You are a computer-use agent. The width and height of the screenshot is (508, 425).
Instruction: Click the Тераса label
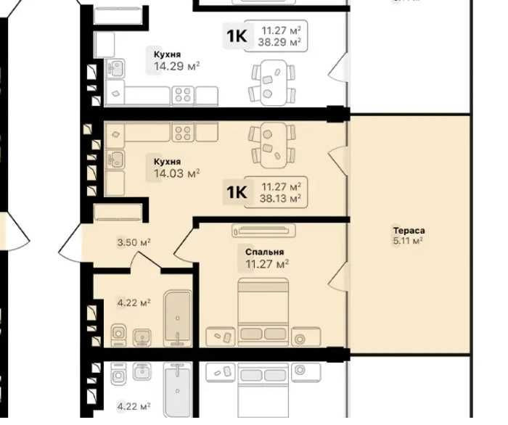[x=409, y=231]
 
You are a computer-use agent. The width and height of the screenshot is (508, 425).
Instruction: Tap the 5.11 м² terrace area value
[x=408, y=241]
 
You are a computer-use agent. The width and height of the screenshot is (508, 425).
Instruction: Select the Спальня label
[x=264, y=252]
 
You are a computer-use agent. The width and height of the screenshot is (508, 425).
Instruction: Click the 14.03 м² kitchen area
[x=176, y=173]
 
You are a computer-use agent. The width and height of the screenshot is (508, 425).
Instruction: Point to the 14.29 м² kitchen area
[x=176, y=66]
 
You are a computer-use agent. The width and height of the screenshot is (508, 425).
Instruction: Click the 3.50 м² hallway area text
[x=134, y=242]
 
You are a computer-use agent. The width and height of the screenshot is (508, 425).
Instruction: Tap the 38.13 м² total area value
[x=280, y=198]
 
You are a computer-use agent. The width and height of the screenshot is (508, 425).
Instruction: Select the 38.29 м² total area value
[x=279, y=42]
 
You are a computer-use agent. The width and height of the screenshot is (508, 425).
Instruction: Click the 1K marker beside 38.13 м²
[x=237, y=192]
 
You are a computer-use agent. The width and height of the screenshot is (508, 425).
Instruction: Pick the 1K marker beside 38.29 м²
[x=237, y=36]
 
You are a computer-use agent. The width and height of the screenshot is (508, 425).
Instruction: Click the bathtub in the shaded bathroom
[x=178, y=318]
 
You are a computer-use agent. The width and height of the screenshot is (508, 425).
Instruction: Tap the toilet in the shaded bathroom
[x=118, y=335]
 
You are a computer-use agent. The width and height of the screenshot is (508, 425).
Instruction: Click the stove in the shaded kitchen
[x=183, y=132]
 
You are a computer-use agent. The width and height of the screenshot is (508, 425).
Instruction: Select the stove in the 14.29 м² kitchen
[x=183, y=96]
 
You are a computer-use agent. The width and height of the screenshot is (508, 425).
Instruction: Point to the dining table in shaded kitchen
[x=274, y=145]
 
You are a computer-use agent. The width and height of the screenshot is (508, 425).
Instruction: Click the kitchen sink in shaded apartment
[x=115, y=160]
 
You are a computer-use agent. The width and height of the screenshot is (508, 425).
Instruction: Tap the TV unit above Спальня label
[x=263, y=231]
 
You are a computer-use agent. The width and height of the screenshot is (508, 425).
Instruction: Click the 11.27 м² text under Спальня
[x=267, y=264]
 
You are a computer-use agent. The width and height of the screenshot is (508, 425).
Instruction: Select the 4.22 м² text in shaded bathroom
[x=134, y=303]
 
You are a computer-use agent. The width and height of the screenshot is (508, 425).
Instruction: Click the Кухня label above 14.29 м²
[x=167, y=54]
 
